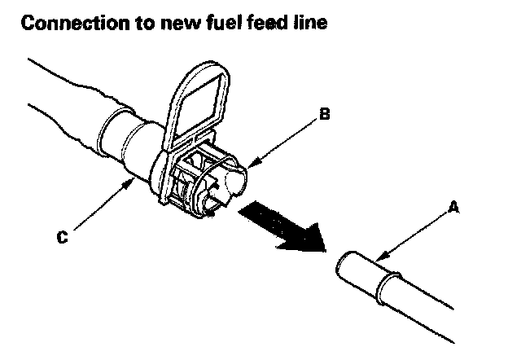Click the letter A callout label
[454, 208]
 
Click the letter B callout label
[325, 115]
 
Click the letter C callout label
[62, 239]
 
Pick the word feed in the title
[276, 24]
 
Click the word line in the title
[314, 24]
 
